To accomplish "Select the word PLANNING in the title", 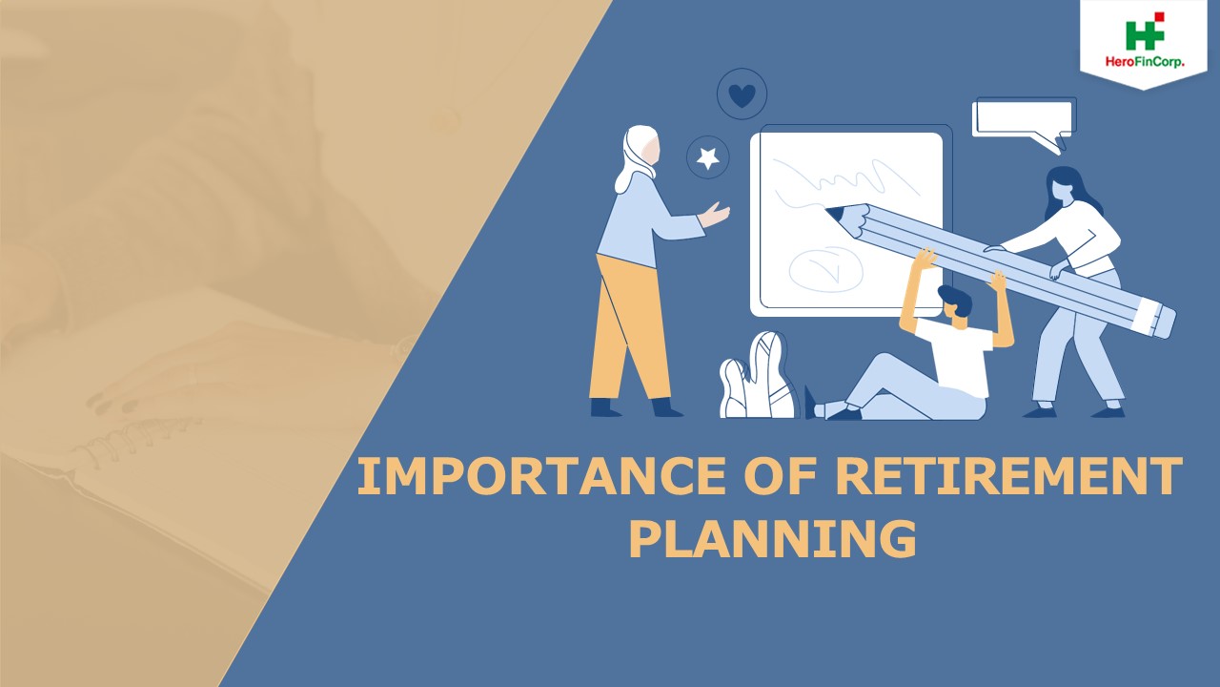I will [772, 538].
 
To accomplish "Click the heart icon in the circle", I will [742, 94].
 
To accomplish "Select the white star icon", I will [708, 157].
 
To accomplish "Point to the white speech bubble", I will [1022, 118].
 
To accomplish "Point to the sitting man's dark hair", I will [955, 301].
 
